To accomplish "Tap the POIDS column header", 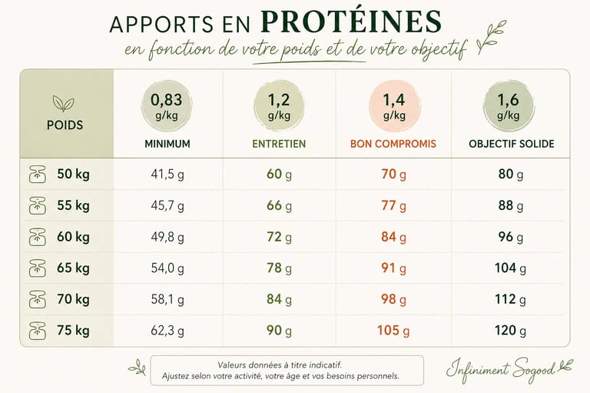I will (x=65, y=124).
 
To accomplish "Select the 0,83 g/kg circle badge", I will (x=167, y=106).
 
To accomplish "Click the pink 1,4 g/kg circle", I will (x=393, y=106).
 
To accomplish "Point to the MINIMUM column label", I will (x=167, y=144).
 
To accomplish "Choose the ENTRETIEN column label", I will (x=279, y=144).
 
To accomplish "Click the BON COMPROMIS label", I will (x=393, y=144).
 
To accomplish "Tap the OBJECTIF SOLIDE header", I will (x=511, y=144).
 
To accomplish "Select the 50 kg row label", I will (x=73, y=174).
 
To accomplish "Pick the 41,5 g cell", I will (x=167, y=175).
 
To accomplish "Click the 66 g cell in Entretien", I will (x=279, y=206).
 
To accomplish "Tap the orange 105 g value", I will (x=393, y=331).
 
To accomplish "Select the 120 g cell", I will (x=510, y=331).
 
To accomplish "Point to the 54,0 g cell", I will (x=167, y=268).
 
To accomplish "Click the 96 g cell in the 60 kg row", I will (x=510, y=237).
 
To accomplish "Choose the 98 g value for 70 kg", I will (x=393, y=300).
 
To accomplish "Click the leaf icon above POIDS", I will (x=63, y=103).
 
